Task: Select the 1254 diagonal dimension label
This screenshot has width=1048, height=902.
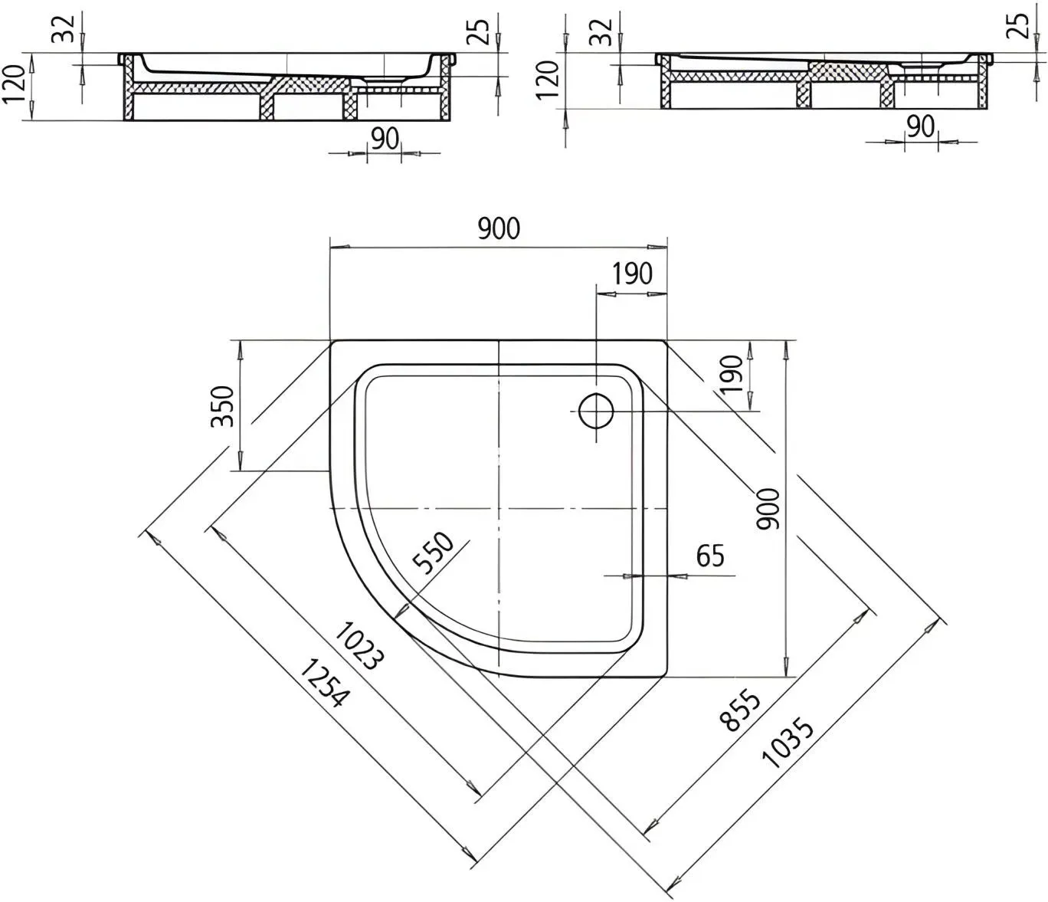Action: (325, 682)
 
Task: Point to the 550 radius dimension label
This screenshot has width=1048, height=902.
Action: (433, 553)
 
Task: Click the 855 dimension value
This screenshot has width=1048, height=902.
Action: (741, 710)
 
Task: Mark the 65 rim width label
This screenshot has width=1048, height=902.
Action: (710, 556)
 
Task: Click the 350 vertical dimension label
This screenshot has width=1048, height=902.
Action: (223, 406)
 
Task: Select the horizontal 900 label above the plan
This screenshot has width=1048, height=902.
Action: (499, 228)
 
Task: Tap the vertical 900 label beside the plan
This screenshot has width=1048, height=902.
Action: (767, 509)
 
